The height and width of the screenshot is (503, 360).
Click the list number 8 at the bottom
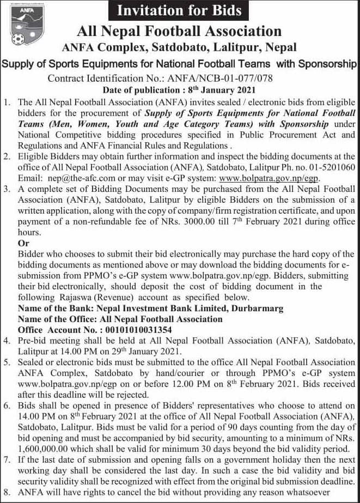click(7, 493)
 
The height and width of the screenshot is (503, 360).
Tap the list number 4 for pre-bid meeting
click(7, 341)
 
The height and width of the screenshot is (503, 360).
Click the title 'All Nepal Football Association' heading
click(179, 31)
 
